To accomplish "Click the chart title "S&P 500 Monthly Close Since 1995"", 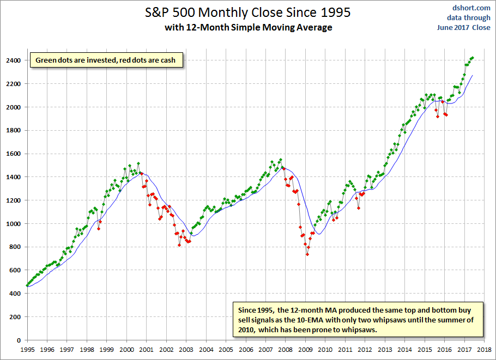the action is [x=247, y=13].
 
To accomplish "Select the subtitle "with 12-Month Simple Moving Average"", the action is [x=249, y=27].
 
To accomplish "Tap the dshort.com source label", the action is [x=471, y=8].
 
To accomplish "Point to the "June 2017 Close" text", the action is [x=464, y=27].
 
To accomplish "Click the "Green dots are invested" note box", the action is [x=106, y=60].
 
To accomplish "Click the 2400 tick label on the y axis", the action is [x=13, y=60].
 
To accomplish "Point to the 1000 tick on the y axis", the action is [x=13, y=224].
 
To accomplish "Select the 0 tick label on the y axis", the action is [x=19, y=340].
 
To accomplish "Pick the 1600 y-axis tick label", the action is [x=13, y=154].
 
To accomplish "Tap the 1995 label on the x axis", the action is [x=27, y=350].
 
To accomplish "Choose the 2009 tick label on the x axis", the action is [x=305, y=350].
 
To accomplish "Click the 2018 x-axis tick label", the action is [x=484, y=350].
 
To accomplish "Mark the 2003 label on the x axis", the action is [x=186, y=350].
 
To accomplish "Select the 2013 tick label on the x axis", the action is [x=385, y=350].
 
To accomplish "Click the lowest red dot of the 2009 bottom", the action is [x=307, y=254].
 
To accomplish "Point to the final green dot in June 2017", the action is [x=472, y=58].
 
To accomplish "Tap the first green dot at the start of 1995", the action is [x=27, y=285].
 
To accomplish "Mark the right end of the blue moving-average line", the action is [x=472, y=76].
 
